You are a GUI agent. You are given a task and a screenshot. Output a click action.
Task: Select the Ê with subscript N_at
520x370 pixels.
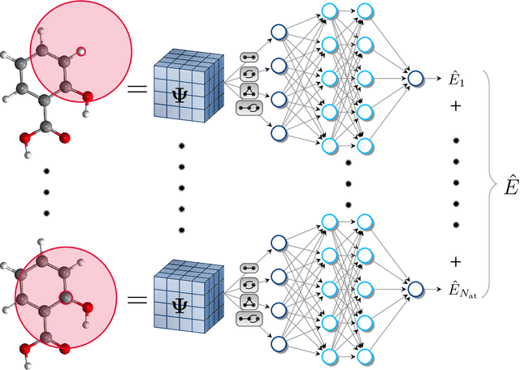tap(462, 288)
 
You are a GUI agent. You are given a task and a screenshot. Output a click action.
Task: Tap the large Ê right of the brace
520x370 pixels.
tap(509, 186)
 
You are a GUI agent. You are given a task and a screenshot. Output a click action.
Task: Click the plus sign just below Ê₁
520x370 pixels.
tap(456, 106)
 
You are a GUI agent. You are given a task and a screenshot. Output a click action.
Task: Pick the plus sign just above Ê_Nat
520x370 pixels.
tap(456, 261)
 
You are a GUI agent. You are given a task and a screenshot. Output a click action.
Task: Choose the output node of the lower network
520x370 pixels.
tap(416, 288)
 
